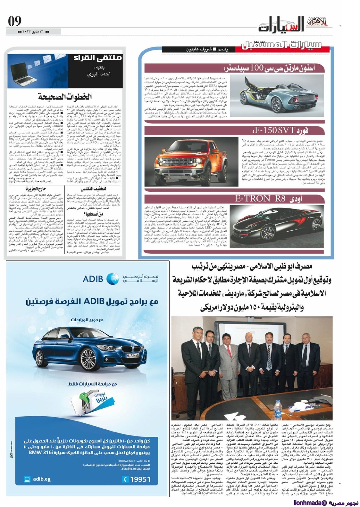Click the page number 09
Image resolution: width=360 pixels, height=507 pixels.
(15, 22)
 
